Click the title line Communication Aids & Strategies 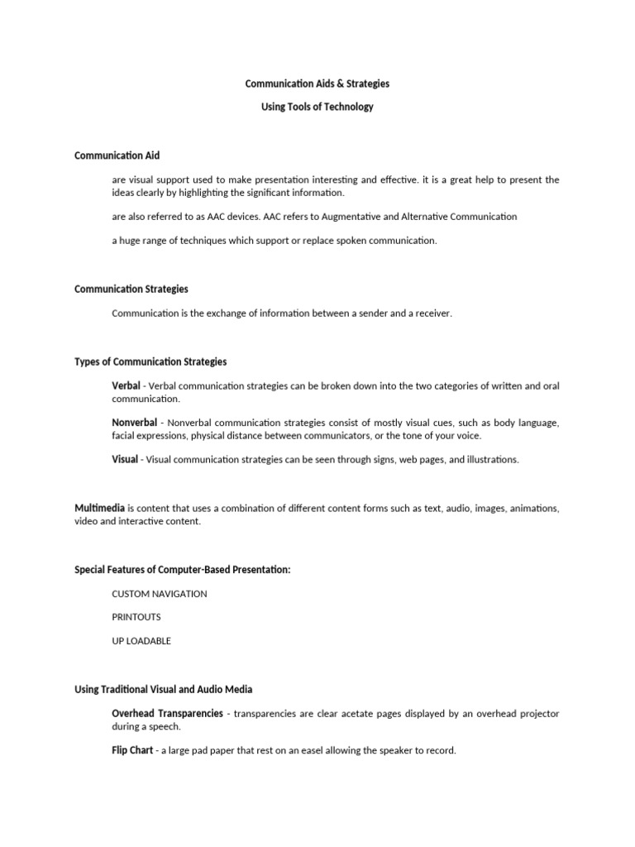pyautogui.click(x=317, y=84)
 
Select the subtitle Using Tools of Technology pyautogui.click(x=317, y=107)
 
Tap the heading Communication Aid pyautogui.click(x=117, y=156)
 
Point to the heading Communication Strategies pyautogui.click(x=131, y=290)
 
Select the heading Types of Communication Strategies pyautogui.click(x=150, y=362)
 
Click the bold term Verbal pyautogui.click(x=126, y=386)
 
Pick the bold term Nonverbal pyautogui.click(x=134, y=423)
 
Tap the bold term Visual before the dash pyautogui.click(x=125, y=459)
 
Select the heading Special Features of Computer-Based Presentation pyautogui.click(x=183, y=570)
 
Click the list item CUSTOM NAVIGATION pyautogui.click(x=160, y=594)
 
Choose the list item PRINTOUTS pyautogui.click(x=136, y=617)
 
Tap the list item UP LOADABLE pyautogui.click(x=141, y=641)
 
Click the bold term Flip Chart pyautogui.click(x=132, y=750)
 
